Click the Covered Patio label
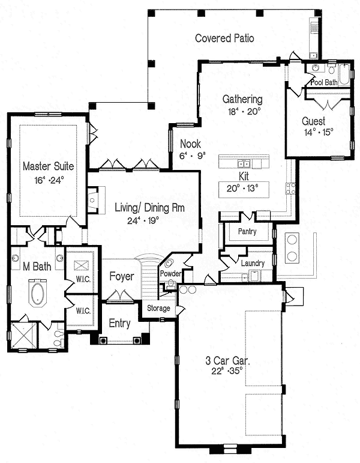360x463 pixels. (224, 38)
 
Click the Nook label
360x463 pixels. (190, 144)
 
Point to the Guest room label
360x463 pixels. (313, 121)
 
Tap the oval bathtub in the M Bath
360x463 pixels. (37, 297)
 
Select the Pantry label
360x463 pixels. (247, 232)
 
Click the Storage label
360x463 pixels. (159, 309)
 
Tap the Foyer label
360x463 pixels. (121, 277)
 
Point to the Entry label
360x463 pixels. (120, 323)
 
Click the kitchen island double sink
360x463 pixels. (244, 163)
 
